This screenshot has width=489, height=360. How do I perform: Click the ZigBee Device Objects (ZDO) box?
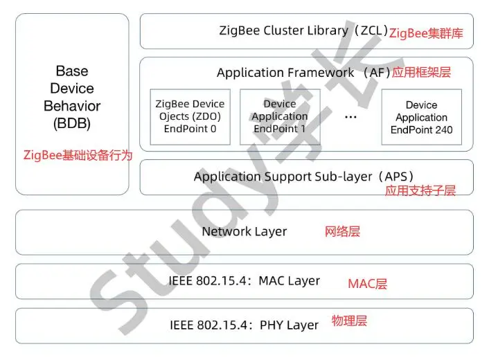point(190,116)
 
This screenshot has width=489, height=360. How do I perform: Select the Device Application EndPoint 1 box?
point(279,116)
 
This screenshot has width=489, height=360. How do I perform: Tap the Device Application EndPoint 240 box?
point(421,117)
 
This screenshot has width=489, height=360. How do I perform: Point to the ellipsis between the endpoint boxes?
point(350,117)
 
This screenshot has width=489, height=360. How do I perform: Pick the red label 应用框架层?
point(421,72)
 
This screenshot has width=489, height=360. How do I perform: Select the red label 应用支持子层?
point(420,191)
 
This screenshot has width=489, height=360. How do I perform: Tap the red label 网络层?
point(342,231)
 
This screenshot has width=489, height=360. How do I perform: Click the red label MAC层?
point(367,284)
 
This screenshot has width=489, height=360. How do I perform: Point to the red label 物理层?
point(349,321)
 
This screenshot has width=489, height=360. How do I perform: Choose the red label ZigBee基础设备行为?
point(78,155)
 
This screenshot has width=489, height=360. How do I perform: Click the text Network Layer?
point(244,231)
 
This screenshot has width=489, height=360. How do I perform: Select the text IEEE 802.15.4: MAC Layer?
point(244,281)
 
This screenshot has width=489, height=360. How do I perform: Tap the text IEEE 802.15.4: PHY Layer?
point(244,325)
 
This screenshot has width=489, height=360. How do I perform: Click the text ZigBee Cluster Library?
point(283,30)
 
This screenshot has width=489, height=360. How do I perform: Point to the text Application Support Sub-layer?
point(285,177)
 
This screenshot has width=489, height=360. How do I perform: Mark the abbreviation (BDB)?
point(72,125)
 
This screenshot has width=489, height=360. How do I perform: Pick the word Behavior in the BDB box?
point(72,107)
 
